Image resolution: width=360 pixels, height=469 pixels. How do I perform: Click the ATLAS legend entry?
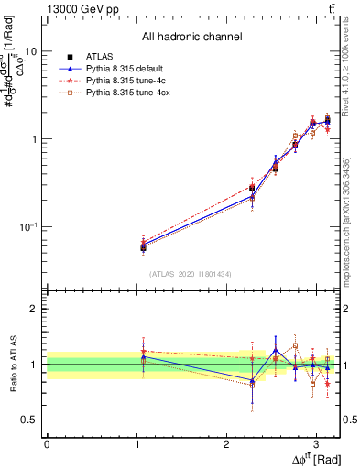pyautogui.click(x=99, y=56)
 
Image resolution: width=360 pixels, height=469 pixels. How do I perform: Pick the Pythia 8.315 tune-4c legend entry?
pyautogui.click(x=122, y=80)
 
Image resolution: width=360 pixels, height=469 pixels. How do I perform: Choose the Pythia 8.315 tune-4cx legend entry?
pyautogui.click(x=124, y=93)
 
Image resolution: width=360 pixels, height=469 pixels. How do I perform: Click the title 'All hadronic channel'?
pyautogui.click(x=191, y=37)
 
